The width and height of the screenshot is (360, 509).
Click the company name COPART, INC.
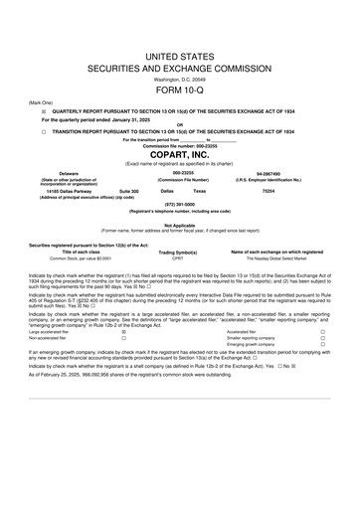click(x=180, y=155)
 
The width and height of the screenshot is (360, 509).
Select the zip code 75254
click(x=295, y=189)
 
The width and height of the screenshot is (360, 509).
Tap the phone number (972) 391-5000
click(x=180, y=206)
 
